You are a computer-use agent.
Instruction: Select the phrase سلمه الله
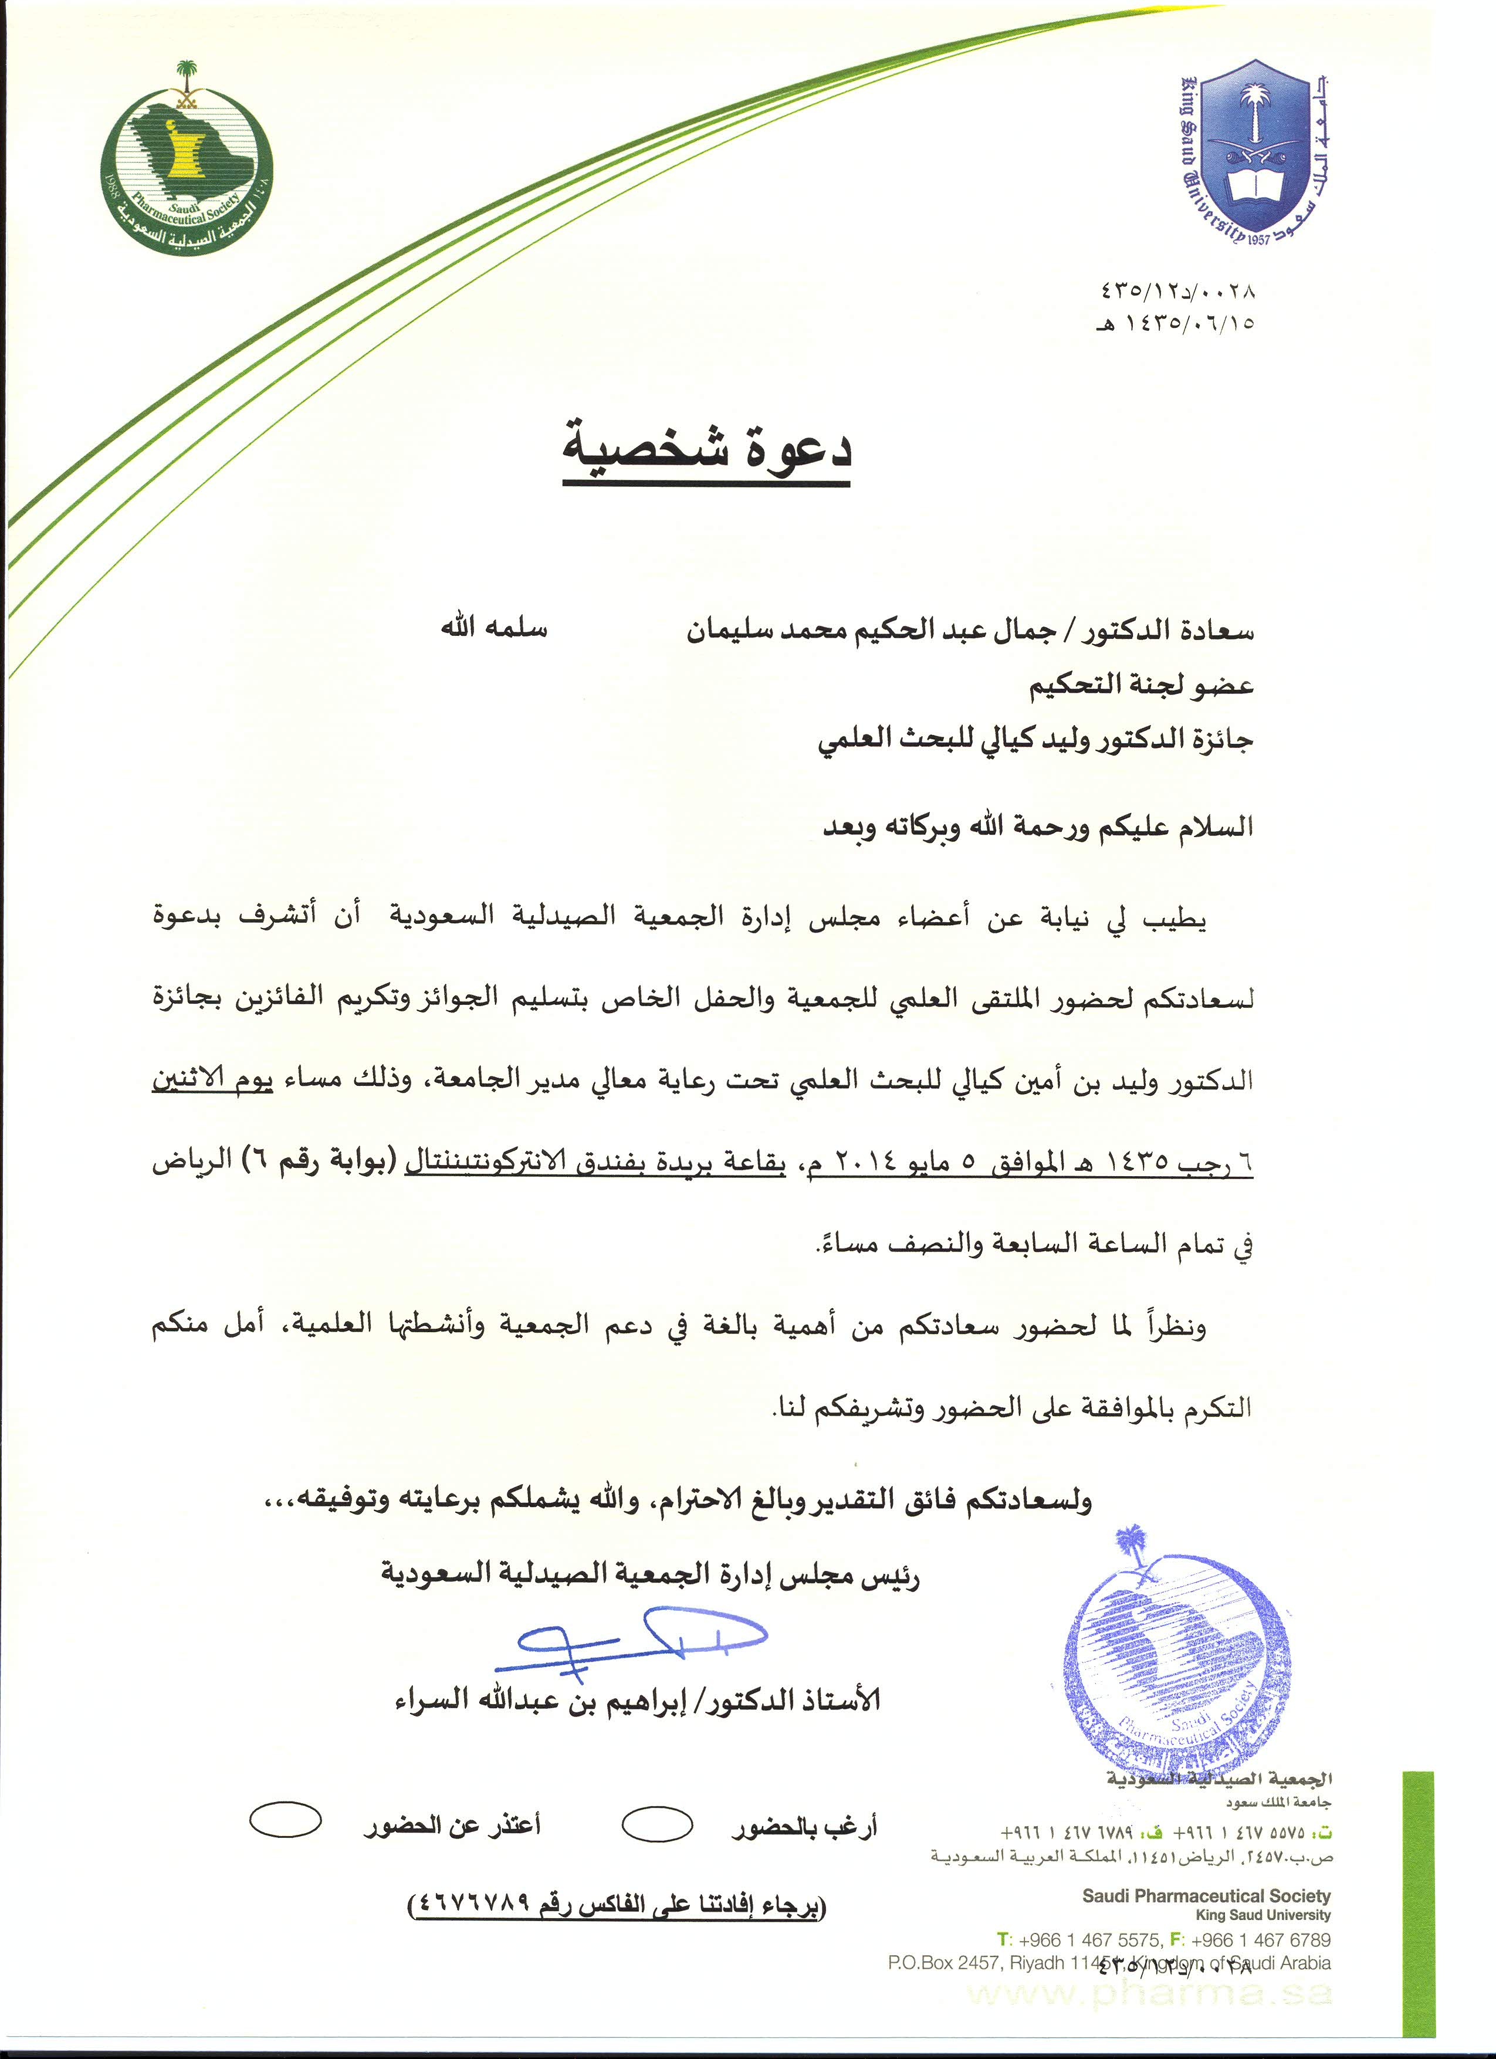coord(494,628)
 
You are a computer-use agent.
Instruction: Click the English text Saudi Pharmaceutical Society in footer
coord(1206,1895)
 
